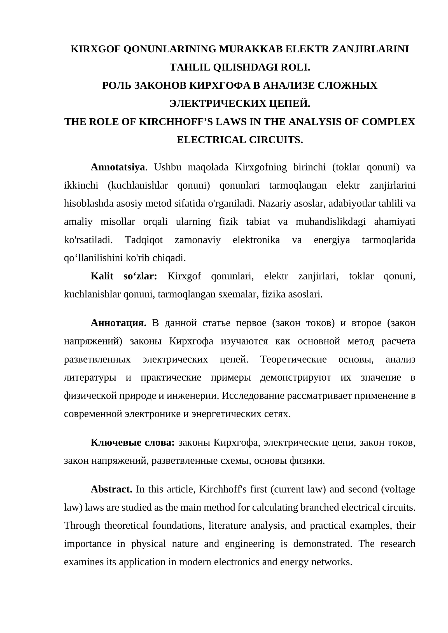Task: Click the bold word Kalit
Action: coord(102,276)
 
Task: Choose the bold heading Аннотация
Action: coord(118,323)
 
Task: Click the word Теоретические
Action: coord(293,359)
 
